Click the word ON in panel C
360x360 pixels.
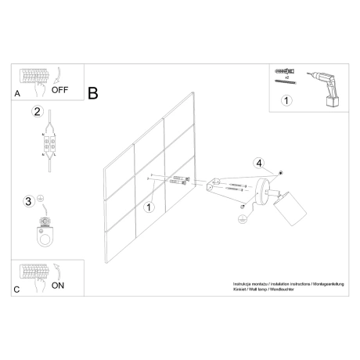coord(58,286)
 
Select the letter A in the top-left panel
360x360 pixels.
coord(17,93)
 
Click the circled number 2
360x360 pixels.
coord(36,112)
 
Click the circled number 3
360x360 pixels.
coord(29,201)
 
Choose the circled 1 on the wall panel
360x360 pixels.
coord(149,207)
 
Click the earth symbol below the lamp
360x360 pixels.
coord(243,221)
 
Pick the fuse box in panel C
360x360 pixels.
coord(33,275)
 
